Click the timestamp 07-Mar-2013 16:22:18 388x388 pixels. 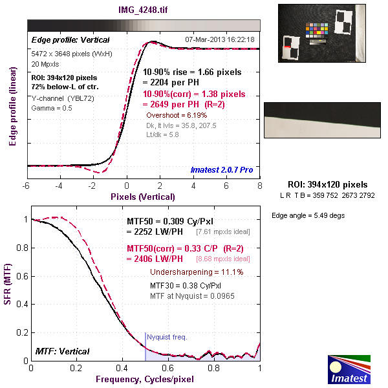point(219,39)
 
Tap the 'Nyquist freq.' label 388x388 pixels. point(166,337)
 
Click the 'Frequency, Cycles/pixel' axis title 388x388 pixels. point(145,378)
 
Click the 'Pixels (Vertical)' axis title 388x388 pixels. point(143,197)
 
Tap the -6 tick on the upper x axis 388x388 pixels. point(27,186)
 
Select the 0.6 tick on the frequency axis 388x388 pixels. point(168,368)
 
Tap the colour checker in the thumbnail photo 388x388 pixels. point(316,30)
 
